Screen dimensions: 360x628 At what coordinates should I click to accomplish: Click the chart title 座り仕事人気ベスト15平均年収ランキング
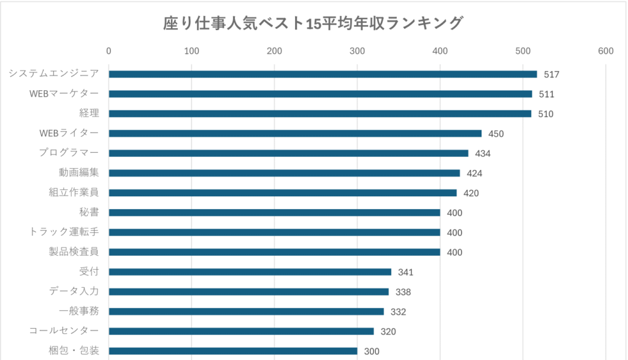coord(313,24)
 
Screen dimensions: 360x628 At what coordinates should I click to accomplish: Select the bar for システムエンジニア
coord(323,74)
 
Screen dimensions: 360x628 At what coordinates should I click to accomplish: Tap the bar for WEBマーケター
coord(320,94)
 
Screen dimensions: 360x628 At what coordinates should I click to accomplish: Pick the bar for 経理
coord(320,113)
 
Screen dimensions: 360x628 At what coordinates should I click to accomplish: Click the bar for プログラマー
coord(288,153)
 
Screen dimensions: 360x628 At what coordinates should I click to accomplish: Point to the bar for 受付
coord(250,272)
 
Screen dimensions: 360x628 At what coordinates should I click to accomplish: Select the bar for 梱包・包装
coord(233,351)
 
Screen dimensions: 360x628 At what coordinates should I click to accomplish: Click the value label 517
coord(551,75)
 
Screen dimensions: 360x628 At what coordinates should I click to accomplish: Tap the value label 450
coord(496,134)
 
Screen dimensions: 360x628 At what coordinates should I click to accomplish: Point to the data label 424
coord(474,174)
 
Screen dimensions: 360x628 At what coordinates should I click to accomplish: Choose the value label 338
coord(403,292)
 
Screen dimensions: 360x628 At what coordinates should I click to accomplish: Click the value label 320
coord(388,332)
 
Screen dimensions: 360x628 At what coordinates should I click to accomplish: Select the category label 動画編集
coord(79,173)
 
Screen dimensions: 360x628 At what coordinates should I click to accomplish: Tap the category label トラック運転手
coord(64,232)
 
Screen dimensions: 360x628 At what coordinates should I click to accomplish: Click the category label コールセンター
coord(64,331)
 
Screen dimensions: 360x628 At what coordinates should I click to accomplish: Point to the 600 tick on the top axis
coord(606,51)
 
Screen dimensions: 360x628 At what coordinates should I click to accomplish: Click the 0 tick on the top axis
coord(109,51)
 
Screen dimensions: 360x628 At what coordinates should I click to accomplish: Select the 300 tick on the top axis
coord(358,51)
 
